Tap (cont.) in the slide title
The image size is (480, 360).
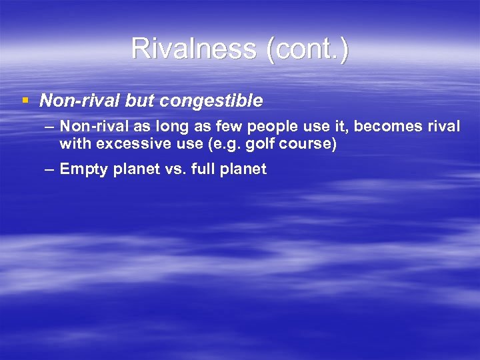pos(307,49)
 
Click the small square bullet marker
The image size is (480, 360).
pos(25,101)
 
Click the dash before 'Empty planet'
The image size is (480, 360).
pos(50,169)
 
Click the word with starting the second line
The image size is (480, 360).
pos(73,143)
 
